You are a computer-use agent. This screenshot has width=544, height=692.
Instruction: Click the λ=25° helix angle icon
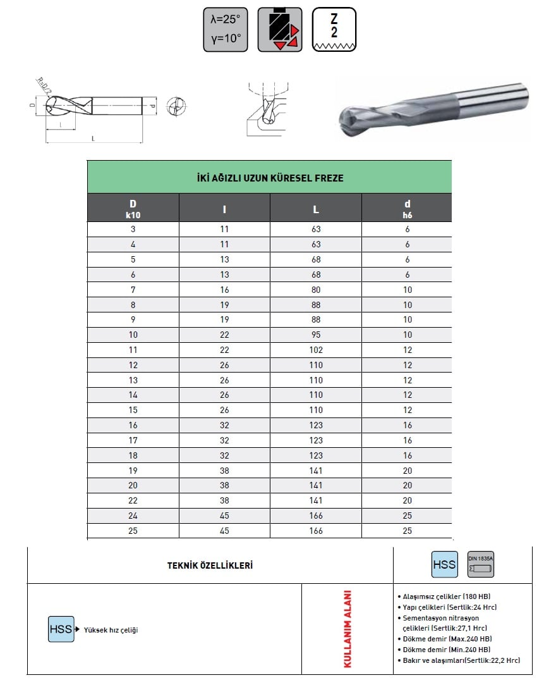(x=226, y=30)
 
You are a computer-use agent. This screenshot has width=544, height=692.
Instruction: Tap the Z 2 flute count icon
(x=334, y=30)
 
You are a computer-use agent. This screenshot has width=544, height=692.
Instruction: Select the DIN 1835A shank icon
(x=481, y=564)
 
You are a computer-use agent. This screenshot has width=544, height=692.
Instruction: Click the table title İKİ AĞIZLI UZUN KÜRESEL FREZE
(x=270, y=178)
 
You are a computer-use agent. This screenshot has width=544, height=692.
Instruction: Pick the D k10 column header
(x=133, y=209)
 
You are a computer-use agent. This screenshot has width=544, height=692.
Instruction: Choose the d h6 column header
(x=408, y=209)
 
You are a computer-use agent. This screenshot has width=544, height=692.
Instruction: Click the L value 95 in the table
(x=316, y=335)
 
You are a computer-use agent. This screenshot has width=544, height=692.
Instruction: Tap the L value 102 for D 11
(x=316, y=350)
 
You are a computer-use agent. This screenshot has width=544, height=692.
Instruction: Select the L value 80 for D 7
(x=316, y=290)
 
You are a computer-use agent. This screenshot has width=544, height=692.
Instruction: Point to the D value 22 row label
(x=133, y=500)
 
